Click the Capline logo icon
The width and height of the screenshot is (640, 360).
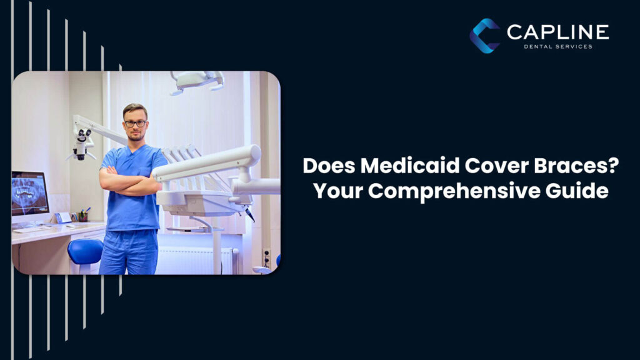[485, 35]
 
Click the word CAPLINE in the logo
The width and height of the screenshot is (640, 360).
[557, 32]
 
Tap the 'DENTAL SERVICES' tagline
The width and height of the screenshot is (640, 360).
[557, 47]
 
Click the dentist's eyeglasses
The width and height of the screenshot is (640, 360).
[135, 123]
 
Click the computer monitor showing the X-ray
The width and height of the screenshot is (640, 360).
[29, 193]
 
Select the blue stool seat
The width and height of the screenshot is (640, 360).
[85, 251]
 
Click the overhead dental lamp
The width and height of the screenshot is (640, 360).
[197, 79]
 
